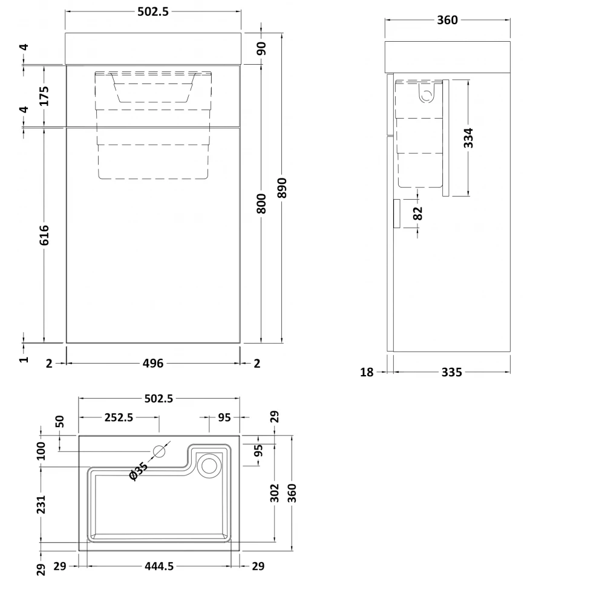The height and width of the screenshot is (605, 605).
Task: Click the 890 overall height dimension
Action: pyautogui.click(x=283, y=188)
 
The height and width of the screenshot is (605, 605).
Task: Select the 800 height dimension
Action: pyautogui.click(x=261, y=203)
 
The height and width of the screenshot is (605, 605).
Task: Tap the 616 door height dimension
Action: pyautogui.click(x=44, y=235)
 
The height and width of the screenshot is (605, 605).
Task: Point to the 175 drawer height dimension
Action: pyautogui.click(x=44, y=96)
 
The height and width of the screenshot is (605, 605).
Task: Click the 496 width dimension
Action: pyautogui.click(x=153, y=363)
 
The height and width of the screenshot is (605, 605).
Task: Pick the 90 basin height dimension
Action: pyautogui.click(x=261, y=48)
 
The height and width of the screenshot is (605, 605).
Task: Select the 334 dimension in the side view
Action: pyautogui.click(x=468, y=138)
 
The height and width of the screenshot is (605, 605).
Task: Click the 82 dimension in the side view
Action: pyautogui.click(x=417, y=213)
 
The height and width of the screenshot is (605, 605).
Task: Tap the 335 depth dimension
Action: pyautogui.click(x=451, y=372)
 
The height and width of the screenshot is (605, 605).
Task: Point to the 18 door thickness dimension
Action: pyautogui.click(x=367, y=372)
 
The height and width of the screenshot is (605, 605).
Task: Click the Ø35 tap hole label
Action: pyautogui.click(x=139, y=471)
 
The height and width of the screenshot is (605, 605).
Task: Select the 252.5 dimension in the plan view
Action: pyautogui.click(x=119, y=417)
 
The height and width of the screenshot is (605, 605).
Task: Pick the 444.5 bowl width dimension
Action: pyautogui.click(x=159, y=566)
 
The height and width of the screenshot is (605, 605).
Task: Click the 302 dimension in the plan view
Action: pyautogui.click(x=274, y=492)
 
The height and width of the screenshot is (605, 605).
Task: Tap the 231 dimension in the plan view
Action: pyautogui.click(x=41, y=505)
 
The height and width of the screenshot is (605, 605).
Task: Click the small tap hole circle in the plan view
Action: pyautogui.click(x=159, y=451)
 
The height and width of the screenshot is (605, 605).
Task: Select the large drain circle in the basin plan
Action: pyautogui.click(x=209, y=465)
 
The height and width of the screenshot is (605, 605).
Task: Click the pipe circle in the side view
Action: pyautogui.click(x=427, y=96)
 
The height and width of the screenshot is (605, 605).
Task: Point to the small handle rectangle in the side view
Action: pyautogui.click(x=396, y=214)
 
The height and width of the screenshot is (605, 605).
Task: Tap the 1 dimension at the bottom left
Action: pyautogui.click(x=24, y=359)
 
